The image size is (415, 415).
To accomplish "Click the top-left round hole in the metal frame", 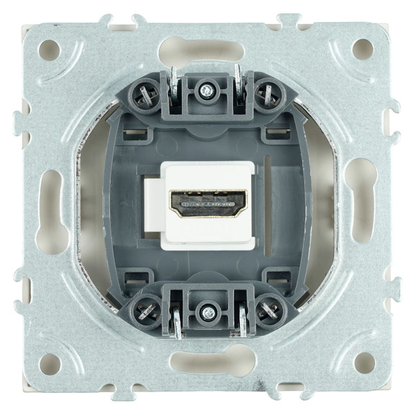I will point(49,48).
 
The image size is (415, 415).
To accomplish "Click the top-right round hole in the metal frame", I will point(363,48).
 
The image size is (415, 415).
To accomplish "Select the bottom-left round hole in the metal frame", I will point(49,362).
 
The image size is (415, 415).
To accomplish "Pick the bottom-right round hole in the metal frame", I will point(364,362).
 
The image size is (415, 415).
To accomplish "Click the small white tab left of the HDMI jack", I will point(150,205).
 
